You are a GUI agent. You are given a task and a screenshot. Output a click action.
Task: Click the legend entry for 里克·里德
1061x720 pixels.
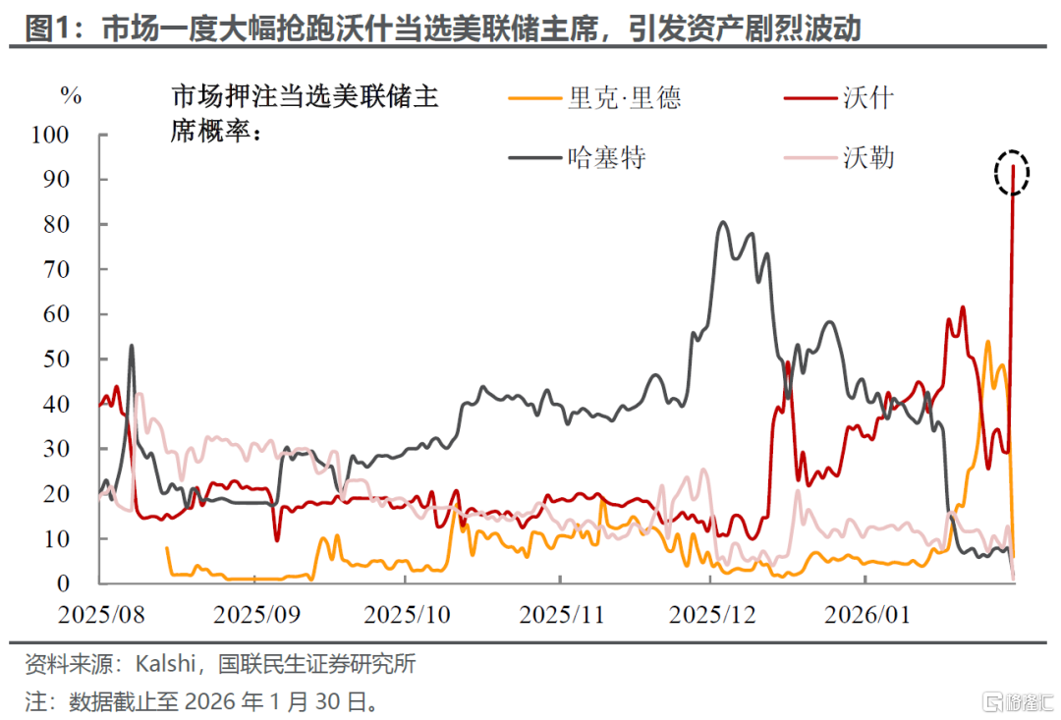point(594,98)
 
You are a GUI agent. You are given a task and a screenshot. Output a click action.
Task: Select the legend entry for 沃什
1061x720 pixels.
point(838,98)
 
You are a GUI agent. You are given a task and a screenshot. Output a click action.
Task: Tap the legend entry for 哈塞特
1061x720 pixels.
point(578,158)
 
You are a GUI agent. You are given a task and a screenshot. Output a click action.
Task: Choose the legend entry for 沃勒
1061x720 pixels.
point(838,158)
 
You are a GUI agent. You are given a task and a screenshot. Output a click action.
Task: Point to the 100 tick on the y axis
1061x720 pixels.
point(50,135)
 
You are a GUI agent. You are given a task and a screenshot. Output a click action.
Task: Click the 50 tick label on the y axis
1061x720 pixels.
point(56,359)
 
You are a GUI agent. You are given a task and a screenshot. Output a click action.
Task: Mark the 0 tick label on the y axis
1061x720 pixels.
point(63,582)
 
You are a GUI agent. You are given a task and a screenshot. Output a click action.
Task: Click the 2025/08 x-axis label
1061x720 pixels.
point(101,615)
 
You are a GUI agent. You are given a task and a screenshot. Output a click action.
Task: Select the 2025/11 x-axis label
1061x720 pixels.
point(561,615)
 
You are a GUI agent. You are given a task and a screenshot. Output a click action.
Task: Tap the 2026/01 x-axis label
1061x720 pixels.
point(866,615)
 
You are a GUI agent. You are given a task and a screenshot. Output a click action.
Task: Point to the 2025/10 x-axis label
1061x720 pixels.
point(407,615)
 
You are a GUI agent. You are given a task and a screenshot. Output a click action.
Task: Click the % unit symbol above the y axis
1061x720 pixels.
point(71,95)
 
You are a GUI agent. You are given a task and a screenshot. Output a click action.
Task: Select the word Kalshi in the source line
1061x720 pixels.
point(166,663)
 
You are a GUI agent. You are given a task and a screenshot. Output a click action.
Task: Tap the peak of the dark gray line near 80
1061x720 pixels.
point(723,221)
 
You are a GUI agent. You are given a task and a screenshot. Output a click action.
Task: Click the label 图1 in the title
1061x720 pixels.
point(47,28)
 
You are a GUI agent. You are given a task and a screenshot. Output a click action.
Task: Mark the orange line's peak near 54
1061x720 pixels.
point(987,342)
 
